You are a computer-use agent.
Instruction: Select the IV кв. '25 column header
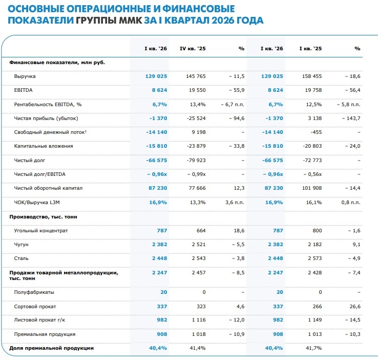click(x=193, y=48)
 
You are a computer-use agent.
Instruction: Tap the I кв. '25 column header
click(x=310, y=48)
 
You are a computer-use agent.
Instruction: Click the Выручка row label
click(x=25, y=76)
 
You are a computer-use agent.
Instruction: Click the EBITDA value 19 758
click(x=311, y=90)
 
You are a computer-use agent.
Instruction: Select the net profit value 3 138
click(x=314, y=118)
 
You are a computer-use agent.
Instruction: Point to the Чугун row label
click(x=22, y=245)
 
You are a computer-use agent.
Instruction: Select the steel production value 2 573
click(x=313, y=258)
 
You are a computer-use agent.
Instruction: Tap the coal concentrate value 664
click(x=200, y=231)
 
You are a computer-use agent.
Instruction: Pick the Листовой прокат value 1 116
click(x=197, y=320)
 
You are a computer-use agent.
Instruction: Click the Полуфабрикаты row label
click(x=34, y=292)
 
